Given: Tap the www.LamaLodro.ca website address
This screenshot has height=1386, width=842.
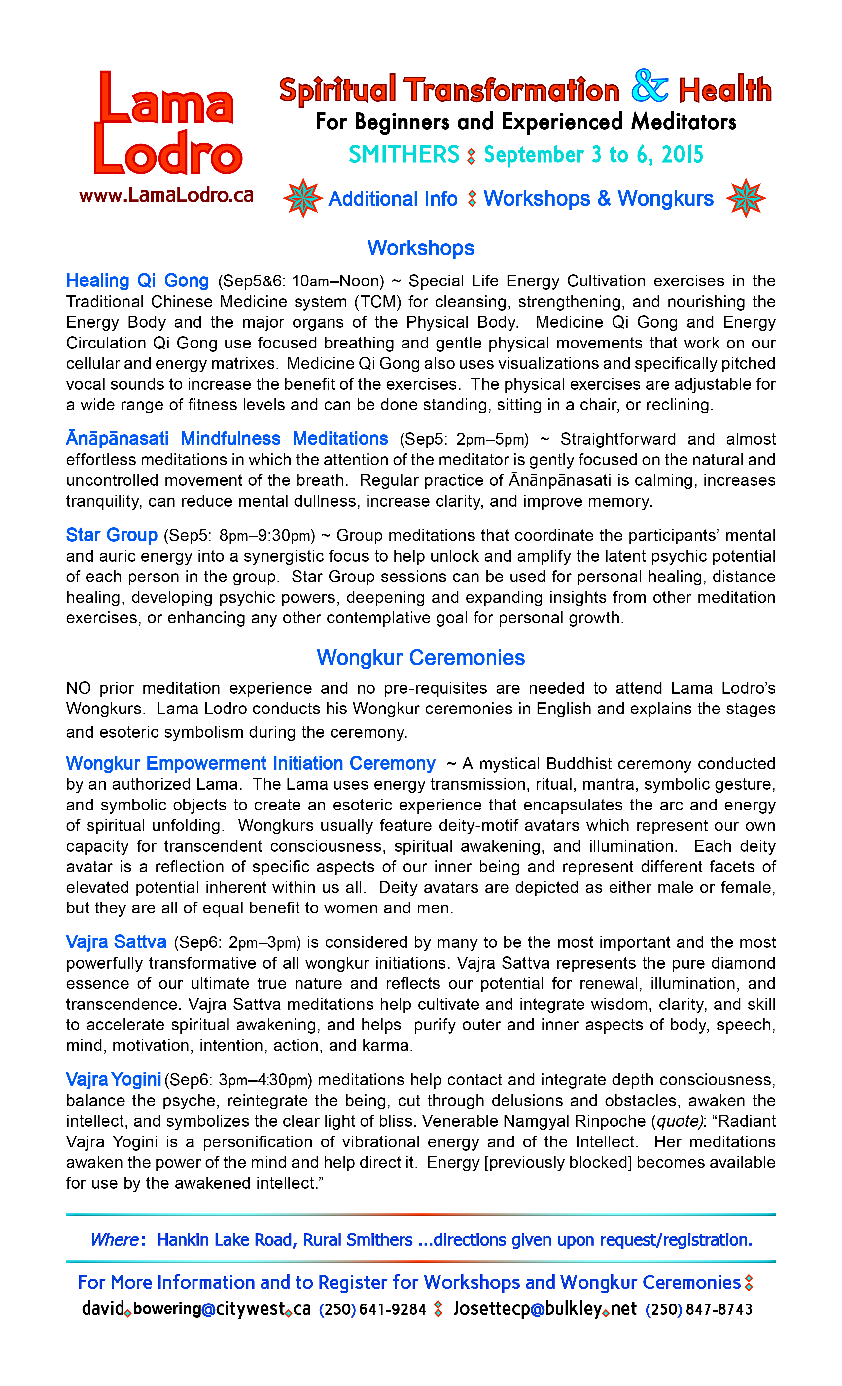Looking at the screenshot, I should click(167, 196).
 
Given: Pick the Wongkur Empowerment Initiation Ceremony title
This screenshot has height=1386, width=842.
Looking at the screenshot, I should click(251, 763).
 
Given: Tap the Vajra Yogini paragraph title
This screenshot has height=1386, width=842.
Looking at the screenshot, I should click(114, 1079).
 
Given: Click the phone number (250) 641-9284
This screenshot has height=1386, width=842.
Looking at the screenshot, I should click(372, 1309).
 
